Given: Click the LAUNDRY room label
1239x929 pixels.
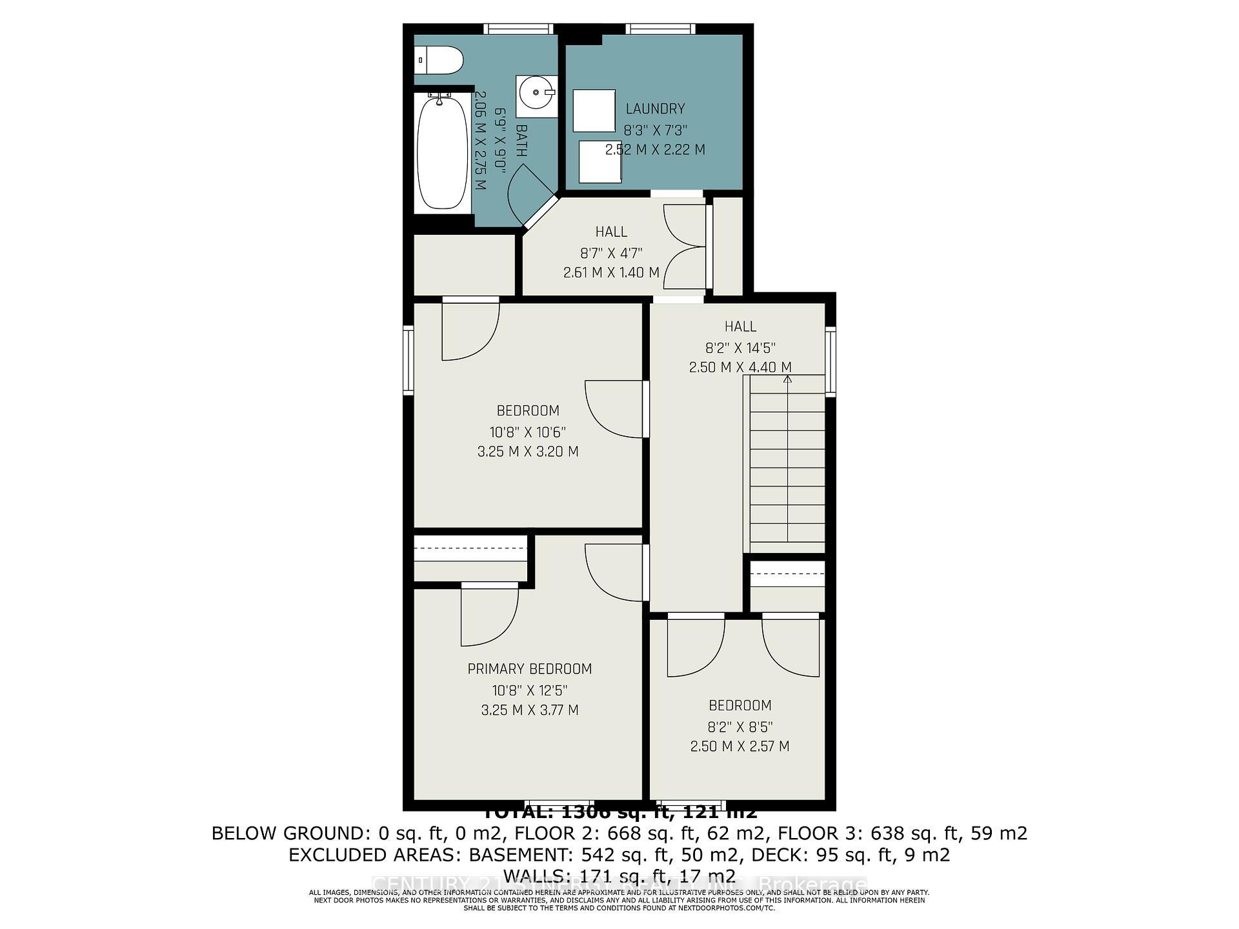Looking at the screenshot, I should coord(654,109).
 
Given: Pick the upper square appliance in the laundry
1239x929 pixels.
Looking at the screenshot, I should coord(594,110).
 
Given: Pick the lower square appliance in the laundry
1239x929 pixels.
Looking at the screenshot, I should coord(599,161).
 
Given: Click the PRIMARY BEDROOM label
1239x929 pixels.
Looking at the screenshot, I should coord(529,669).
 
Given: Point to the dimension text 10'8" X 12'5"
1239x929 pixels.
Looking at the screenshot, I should coord(529,690).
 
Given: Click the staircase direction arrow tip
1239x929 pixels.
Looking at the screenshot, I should coord(787,379).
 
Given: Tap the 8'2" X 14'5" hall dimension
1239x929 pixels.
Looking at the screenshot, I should coord(740,348).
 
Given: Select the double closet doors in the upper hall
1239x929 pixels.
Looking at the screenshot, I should coord(685,246).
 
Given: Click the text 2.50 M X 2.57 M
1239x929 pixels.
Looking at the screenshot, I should coord(740,746).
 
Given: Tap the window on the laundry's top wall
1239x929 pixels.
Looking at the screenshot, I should coord(660,28).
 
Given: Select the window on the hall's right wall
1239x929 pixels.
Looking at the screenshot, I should coord(831,361).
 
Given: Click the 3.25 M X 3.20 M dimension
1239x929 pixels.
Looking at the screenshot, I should coord(528,452).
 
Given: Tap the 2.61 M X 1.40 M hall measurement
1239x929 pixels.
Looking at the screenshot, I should coord(611,273).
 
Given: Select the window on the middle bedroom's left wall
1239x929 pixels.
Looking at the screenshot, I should coord(408,359).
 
